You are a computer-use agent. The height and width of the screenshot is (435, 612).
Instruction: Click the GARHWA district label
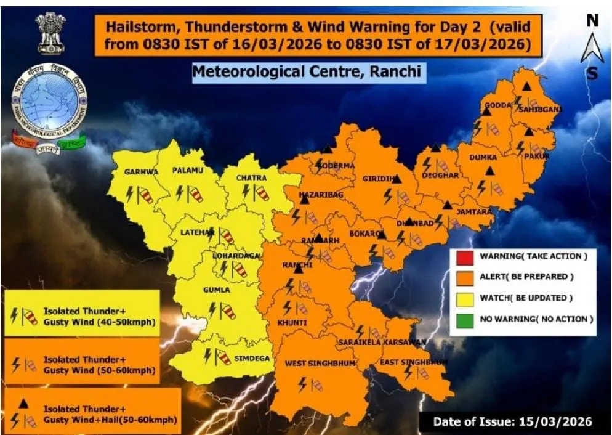click(141, 172)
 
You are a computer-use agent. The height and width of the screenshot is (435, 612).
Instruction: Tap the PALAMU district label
click(185, 169)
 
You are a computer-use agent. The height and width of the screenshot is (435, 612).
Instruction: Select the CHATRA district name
click(252, 178)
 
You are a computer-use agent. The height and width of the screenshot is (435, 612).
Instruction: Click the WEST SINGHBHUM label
click(320, 364)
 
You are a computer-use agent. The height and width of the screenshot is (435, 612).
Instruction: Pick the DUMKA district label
click(483, 158)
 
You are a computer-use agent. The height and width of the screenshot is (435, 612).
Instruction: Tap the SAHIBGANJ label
click(531, 109)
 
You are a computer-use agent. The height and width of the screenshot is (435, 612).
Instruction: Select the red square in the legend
click(465, 257)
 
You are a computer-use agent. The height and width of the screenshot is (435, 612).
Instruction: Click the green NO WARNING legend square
click(465, 319)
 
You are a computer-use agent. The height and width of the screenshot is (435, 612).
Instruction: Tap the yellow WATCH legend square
click(465, 298)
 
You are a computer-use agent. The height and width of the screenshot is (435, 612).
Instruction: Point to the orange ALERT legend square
click(465, 277)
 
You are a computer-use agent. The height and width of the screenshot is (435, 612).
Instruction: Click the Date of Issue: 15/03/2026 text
click(512, 422)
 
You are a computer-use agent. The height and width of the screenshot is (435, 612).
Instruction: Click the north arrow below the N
click(592, 48)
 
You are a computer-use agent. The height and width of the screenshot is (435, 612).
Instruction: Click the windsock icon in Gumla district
click(228, 311)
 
